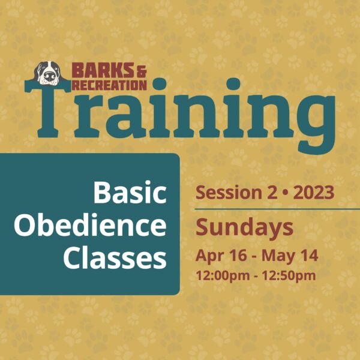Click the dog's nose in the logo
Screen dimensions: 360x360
pyautogui.click(x=49, y=76)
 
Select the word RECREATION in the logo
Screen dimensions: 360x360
pyautogui.click(x=109, y=85)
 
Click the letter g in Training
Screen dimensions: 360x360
pyautogui.click(x=316, y=123)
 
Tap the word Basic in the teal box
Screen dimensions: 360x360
pyautogui.click(x=130, y=193)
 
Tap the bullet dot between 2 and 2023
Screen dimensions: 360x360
pyautogui.click(x=285, y=193)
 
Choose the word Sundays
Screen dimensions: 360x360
pyautogui.click(x=244, y=227)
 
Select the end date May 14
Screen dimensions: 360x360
pyautogui.click(x=290, y=256)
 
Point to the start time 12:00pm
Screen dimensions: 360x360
pyautogui.click(x=223, y=275)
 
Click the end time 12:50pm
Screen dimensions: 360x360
pyautogui.click(x=289, y=275)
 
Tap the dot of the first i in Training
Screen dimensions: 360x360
pyautogui.click(x=159, y=84)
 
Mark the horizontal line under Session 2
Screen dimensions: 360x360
pyautogui.click(x=277, y=209)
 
